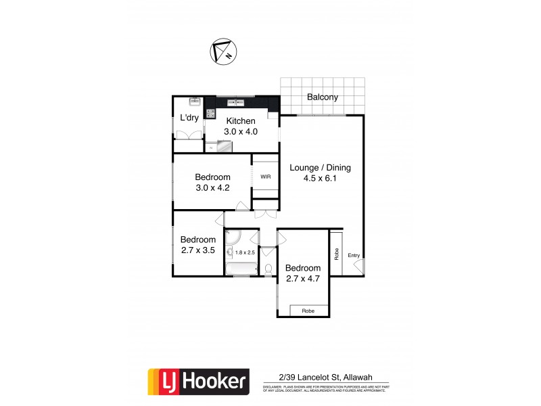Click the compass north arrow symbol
pos(222,52)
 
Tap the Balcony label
pos(323,97)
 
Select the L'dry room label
pos(189,118)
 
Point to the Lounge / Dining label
pos(320,168)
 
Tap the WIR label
pos(265,177)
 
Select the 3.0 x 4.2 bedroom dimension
pos(213,188)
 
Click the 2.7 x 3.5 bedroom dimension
pos(197,250)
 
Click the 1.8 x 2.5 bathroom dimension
pos(245,252)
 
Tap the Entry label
pos(354,255)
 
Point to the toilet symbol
pos(268,269)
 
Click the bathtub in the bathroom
pos(241,269)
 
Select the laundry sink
pos(193,103)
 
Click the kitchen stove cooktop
pos(210,114)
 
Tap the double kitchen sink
pos(237,103)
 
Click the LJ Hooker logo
pos(198,382)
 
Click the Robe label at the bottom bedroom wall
pos(309,311)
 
